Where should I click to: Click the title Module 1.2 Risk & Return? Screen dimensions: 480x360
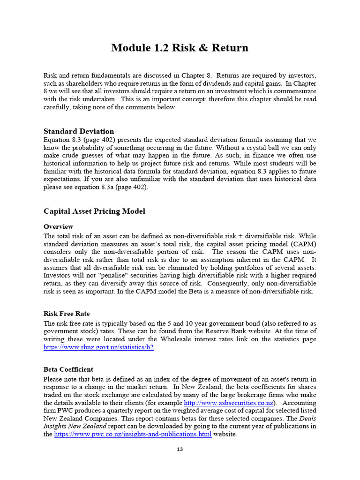[x=180, y=48]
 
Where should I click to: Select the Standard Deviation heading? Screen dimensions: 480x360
[x=79, y=131]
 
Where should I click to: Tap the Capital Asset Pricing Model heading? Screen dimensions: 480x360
[x=94, y=211]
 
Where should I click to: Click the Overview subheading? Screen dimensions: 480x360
[x=58, y=226]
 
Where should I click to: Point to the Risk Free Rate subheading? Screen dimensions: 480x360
[x=67, y=314]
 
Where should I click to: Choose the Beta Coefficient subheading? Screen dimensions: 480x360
[x=68, y=369]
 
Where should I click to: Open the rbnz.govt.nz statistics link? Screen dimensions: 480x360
[x=98, y=347]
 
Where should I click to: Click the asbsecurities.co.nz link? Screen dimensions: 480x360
[x=229, y=403]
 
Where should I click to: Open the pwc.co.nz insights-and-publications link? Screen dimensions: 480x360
[x=133, y=435]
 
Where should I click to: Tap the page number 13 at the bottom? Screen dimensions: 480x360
[x=180, y=450]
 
